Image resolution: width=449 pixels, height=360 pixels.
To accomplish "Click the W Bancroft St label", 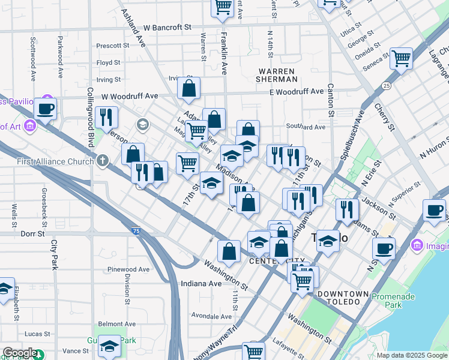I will (x=167, y=28).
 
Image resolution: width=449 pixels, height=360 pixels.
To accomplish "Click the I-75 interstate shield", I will (x=137, y=230).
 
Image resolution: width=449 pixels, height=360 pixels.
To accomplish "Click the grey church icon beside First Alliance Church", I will (x=103, y=160).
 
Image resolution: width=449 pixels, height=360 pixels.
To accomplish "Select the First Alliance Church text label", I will (x=57, y=161).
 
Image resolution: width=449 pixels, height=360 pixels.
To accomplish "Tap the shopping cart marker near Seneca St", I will (x=400, y=58).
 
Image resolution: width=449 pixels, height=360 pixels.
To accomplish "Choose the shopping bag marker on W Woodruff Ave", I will (x=188, y=88).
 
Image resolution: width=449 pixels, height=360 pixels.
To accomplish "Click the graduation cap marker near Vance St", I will (x=109, y=346).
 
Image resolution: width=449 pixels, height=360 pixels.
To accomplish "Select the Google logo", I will (x=20, y=353).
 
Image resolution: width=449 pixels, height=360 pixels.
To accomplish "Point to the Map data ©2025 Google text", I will (x=411, y=355).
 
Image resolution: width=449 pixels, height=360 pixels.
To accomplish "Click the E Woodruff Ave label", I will (x=296, y=92).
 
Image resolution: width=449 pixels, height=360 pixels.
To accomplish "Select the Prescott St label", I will (x=113, y=46).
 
